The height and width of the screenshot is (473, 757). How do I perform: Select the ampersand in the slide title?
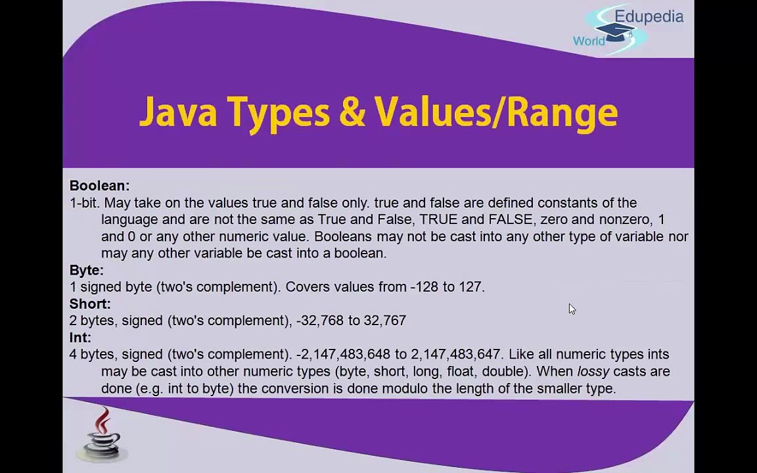(352, 112)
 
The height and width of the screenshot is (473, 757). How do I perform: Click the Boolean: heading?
(99, 186)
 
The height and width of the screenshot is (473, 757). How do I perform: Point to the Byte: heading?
(86, 270)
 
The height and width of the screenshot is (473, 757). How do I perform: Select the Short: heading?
(90, 304)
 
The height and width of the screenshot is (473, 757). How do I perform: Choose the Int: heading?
(80, 338)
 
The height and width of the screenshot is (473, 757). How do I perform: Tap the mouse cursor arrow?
(572, 309)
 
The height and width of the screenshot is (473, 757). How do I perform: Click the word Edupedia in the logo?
(649, 16)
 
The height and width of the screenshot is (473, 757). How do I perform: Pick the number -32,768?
(320, 321)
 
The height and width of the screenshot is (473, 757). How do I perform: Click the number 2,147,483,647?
(456, 355)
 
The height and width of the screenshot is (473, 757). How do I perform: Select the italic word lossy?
(593, 371)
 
